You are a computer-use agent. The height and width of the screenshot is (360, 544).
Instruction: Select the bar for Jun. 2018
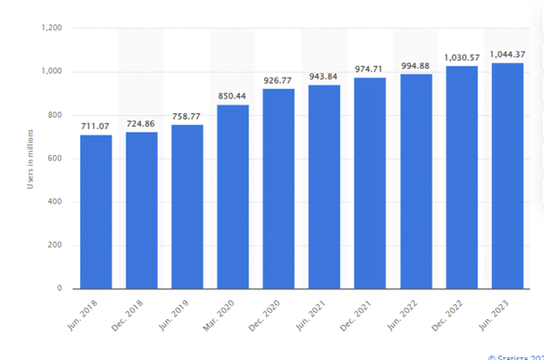96,212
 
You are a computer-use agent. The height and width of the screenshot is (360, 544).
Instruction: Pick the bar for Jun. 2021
324,187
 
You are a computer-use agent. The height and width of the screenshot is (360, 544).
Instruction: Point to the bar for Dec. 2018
141,210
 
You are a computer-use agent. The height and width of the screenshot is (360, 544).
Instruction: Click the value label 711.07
96,126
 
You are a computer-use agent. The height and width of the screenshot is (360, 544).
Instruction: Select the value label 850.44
233,96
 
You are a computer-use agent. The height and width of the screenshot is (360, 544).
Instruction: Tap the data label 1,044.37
507,54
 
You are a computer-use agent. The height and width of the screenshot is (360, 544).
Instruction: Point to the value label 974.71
370,69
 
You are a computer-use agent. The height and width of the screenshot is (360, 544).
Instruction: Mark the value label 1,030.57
461,57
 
